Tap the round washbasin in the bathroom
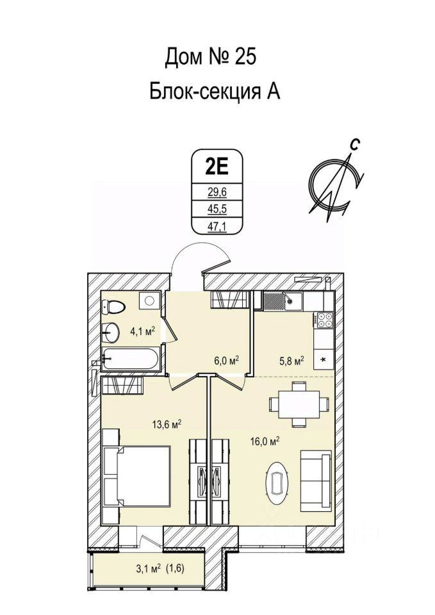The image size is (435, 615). [x=113, y=332]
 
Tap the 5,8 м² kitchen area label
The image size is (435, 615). [x=291, y=361]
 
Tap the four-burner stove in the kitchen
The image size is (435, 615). [x=324, y=321]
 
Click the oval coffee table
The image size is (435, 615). [x=277, y=480]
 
